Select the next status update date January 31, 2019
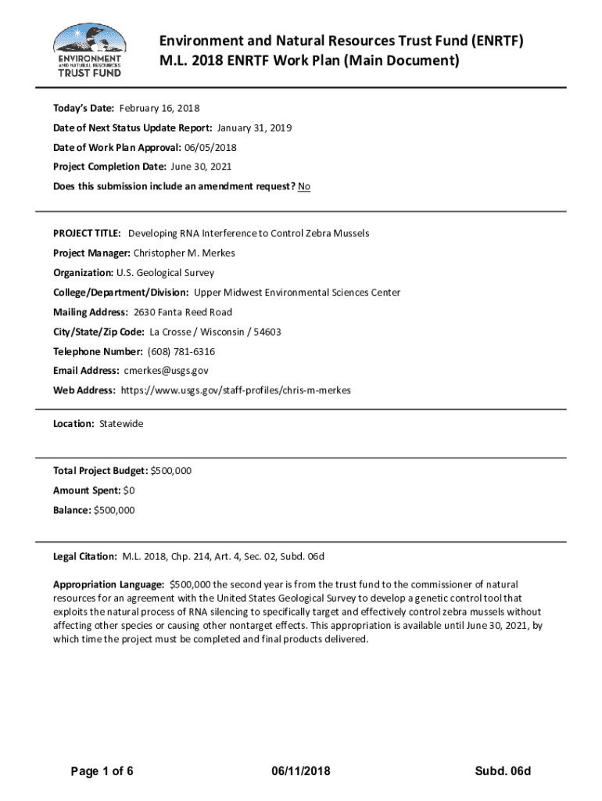[255, 128]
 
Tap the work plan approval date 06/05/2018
[210, 147]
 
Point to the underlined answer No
[304, 186]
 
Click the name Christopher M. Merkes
[185, 253]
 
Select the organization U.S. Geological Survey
[165, 273]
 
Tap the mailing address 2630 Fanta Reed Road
[183, 312]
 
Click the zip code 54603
[267, 332]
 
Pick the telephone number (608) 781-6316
[181, 351]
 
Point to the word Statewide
[121, 423]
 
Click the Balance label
[71, 510]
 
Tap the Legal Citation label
[85, 556]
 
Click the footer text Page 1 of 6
[102, 772]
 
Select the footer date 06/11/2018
[298, 772]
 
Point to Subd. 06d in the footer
[503, 772]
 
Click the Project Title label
[87, 233]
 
